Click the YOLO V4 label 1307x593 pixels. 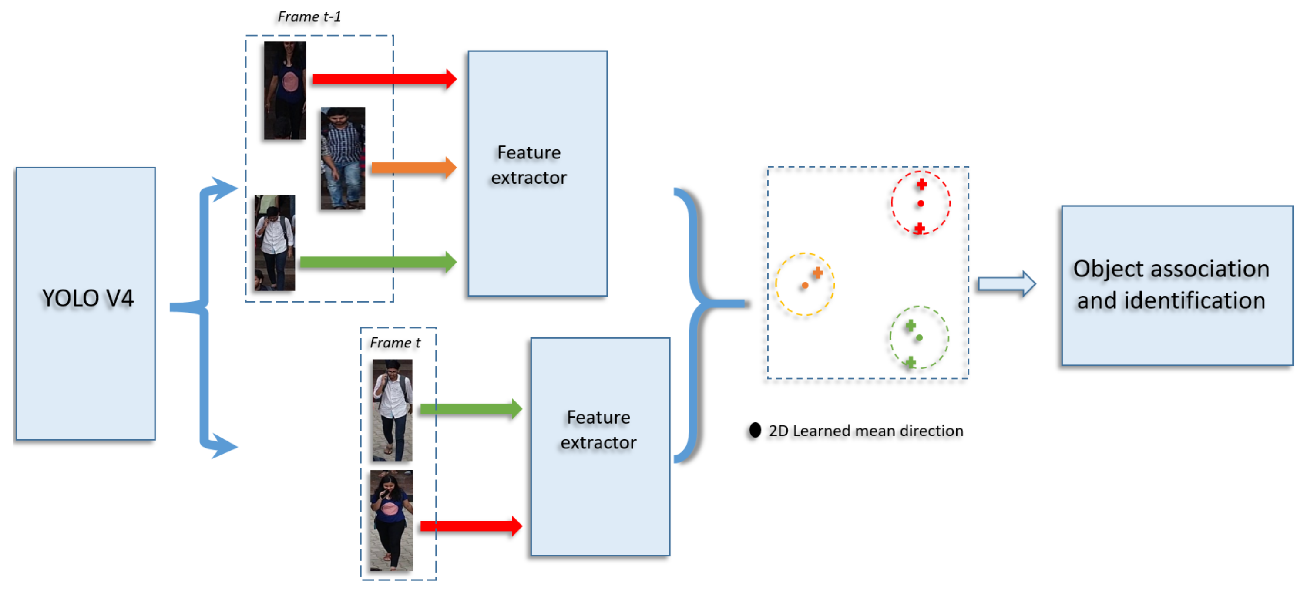point(87,298)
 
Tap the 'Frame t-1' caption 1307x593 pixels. point(309,17)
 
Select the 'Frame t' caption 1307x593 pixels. point(395,343)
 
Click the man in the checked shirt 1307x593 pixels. point(343,158)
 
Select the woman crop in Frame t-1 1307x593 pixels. point(285,91)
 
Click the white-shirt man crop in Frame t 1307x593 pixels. point(392,410)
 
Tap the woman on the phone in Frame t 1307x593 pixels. point(391,520)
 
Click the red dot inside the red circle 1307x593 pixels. point(921,204)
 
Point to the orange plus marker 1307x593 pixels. point(817,273)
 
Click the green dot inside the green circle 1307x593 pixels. point(919,337)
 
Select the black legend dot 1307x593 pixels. point(755,430)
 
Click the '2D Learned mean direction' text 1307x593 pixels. point(865,431)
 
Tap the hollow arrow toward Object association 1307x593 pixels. point(1006,284)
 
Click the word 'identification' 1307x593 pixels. point(1194,300)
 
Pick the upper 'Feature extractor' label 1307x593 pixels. point(528,165)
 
